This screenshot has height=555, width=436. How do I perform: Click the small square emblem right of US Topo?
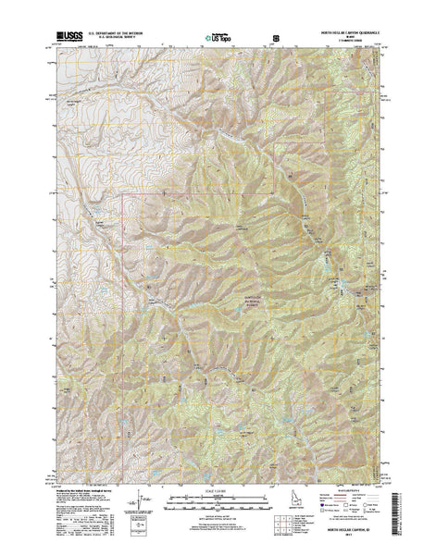point(275,38)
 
